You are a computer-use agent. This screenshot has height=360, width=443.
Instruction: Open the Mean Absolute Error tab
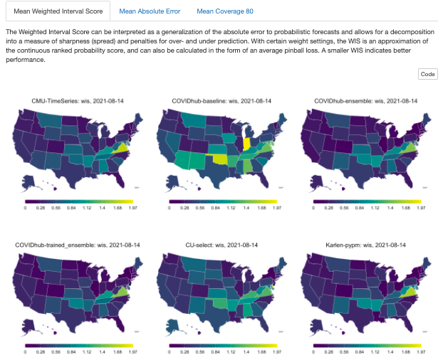click(x=150, y=11)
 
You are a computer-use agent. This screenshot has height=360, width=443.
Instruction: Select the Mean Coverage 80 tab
click(x=224, y=11)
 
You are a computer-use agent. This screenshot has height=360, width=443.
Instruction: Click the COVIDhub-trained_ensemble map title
click(x=76, y=245)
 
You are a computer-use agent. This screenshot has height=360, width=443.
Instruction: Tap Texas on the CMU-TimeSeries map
click(x=70, y=171)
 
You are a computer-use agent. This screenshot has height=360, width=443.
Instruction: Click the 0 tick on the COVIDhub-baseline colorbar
click(x=171, y=208)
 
